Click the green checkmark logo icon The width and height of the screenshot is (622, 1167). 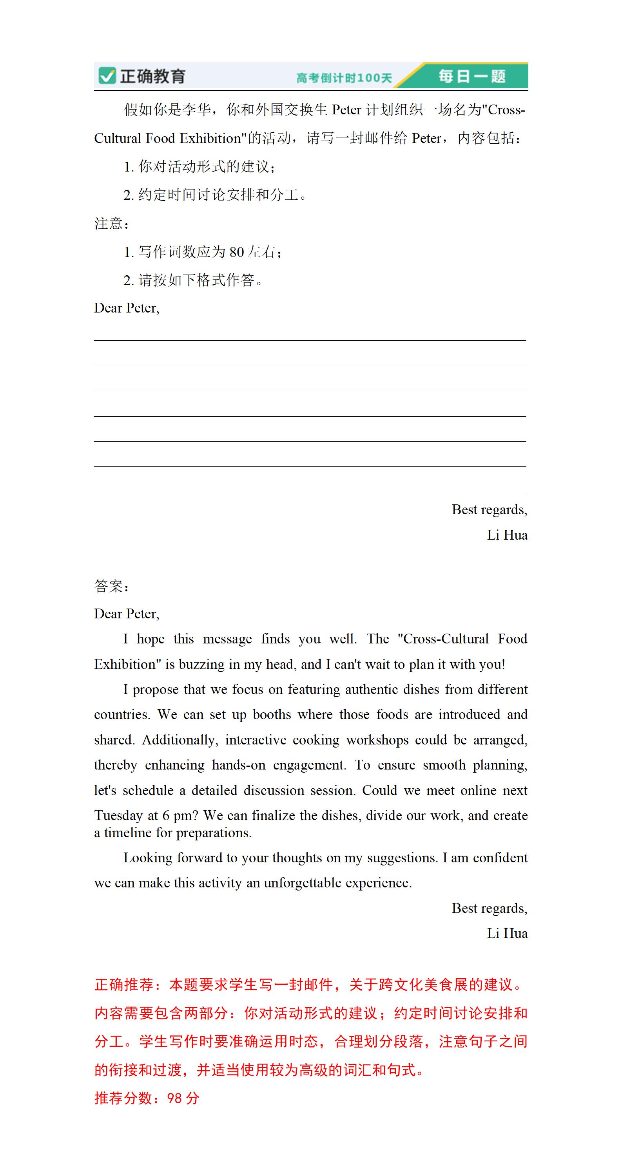(x=107, y=76)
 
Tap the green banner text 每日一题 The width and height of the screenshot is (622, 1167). (x=471, y=76)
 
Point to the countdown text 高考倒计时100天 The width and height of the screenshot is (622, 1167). (x=344, y=78)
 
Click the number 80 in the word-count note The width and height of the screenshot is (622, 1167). (x=237, y=252)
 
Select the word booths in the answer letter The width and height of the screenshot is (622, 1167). (x=272, y=714)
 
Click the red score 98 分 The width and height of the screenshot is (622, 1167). (x=183, y=1098)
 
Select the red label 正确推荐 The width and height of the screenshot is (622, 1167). (x=124, y=985)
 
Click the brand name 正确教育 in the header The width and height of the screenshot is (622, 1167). (x=152, y=76)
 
